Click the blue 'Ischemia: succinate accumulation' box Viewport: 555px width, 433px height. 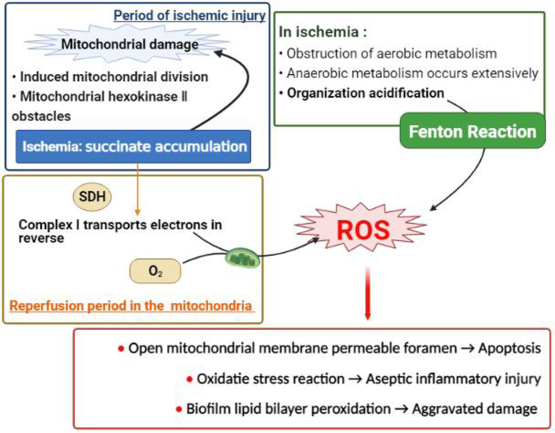[133, 146]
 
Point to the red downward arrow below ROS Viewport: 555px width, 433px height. [368, 296]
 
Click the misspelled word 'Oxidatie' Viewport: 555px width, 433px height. [218, 379]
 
